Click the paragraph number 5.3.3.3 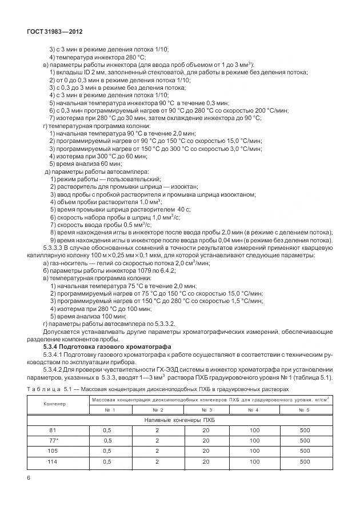click(x=57, y=249)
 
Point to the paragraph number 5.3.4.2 click(x=57, y=369)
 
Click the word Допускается click(x=62, y=331)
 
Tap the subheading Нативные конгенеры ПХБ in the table click(x=181, y=420)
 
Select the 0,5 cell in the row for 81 click(x=107, y=430)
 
